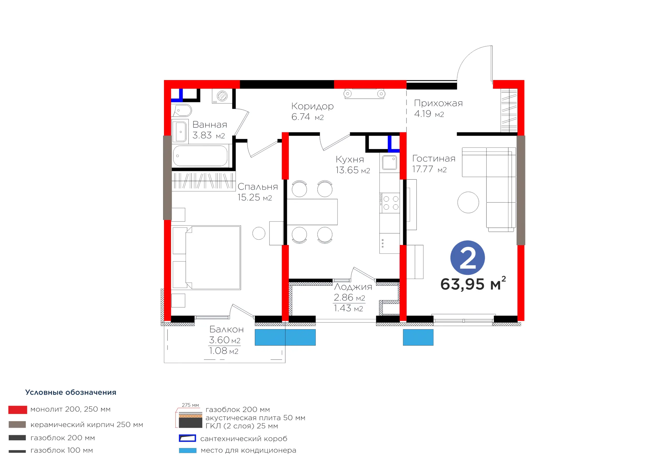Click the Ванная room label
point(210,125)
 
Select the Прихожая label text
point(438,103)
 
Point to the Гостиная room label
point(434,158)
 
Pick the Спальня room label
point(258,187)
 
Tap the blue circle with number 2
point(467,258)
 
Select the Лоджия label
point(353,287)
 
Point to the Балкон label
point(226,329)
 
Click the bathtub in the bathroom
point(200,156)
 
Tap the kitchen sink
point(389,162)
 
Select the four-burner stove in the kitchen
point(389,203)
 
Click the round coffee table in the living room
point(468,202)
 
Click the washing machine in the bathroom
point(222,96)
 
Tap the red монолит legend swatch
point(18,410)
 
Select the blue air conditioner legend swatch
point(188,450)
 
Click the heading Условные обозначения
point(71,392)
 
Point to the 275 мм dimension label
point(190,405)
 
